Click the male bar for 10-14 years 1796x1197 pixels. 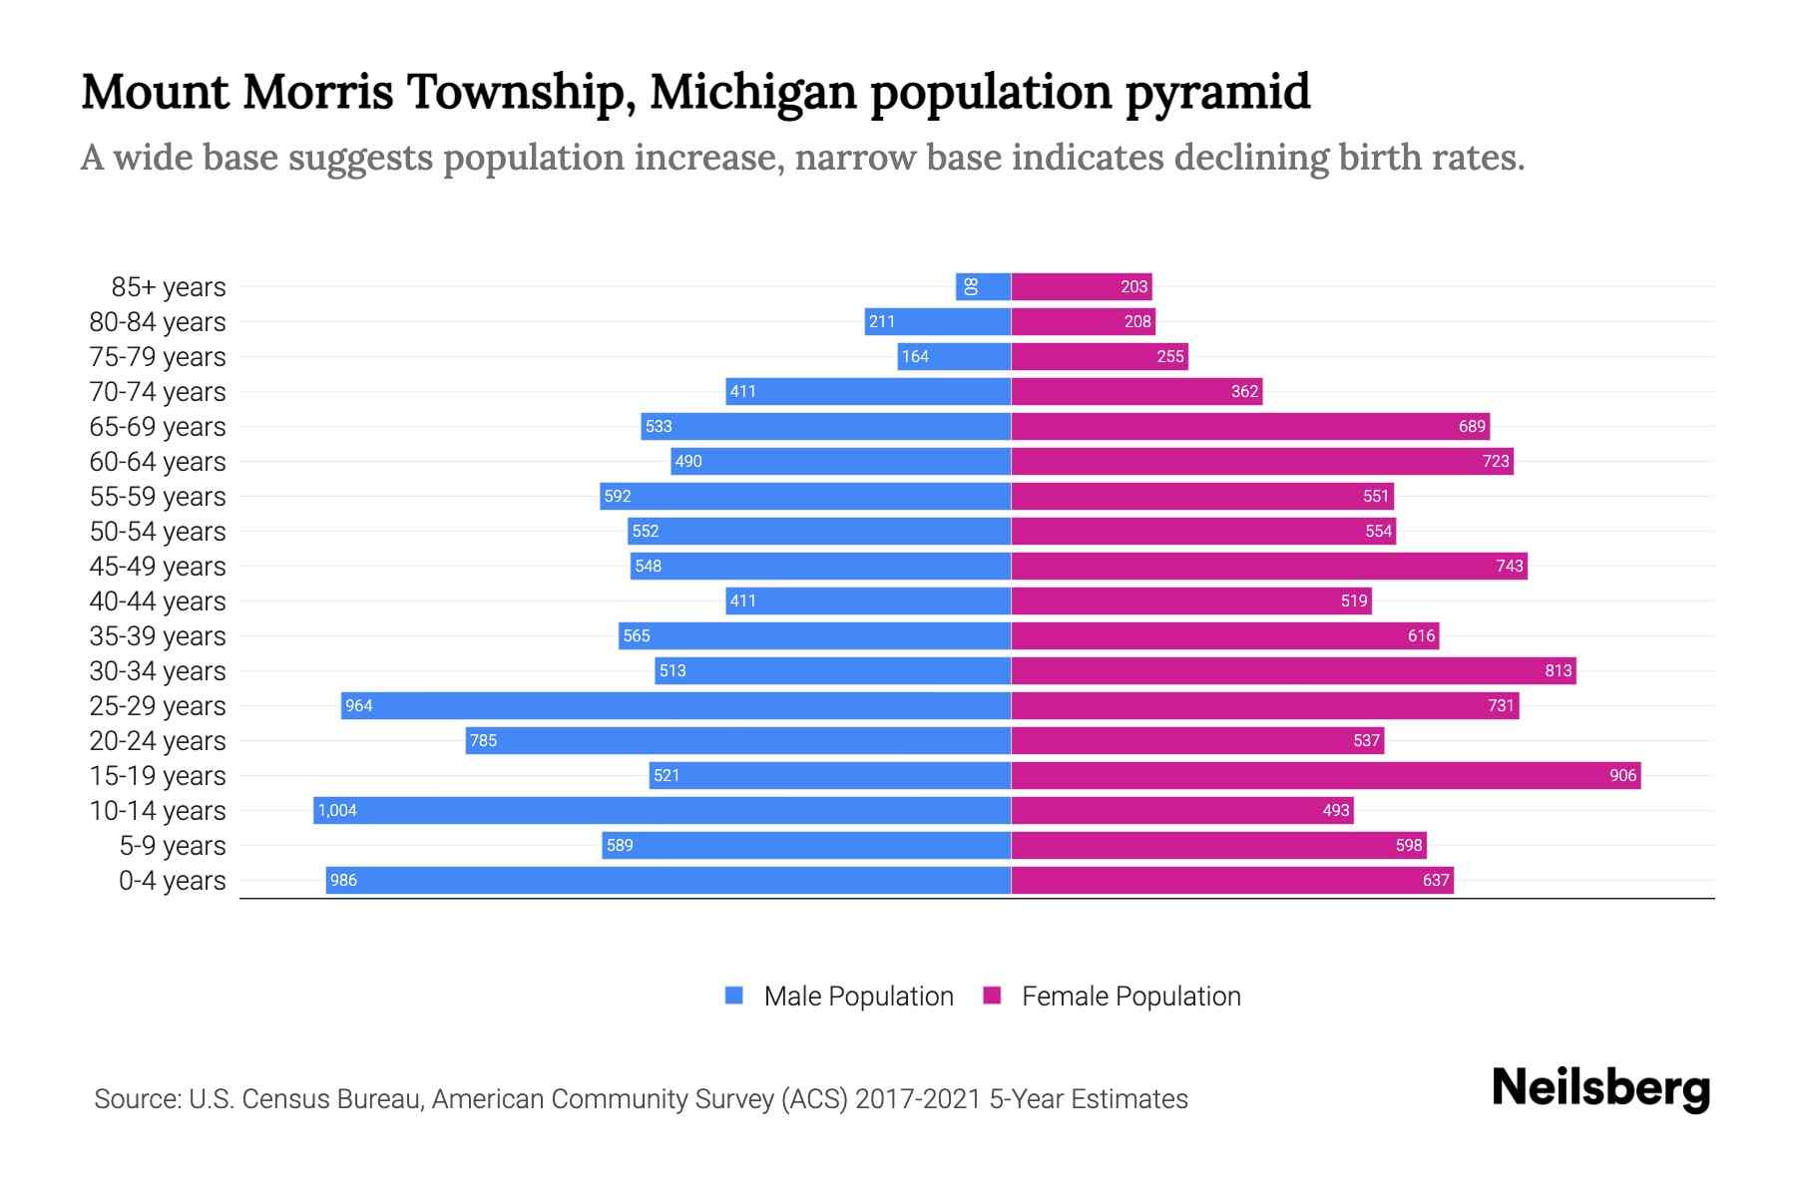pos(663,810)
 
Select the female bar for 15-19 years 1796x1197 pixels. pos(1326,775)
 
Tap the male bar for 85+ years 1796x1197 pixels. pos(984,286)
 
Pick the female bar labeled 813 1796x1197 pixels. pos(1293,670)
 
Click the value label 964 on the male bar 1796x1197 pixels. pos(358,706)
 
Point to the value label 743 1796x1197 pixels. pos(1509,566)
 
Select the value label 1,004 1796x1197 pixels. pos(337,810)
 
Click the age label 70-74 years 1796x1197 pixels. pos(158,392)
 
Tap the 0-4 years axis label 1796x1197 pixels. pos(172,881)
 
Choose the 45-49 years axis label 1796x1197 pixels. pos(158,567)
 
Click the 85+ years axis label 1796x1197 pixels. pos(169,287)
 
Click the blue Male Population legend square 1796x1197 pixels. pos(734,996)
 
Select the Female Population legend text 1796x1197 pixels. pos(1130,997)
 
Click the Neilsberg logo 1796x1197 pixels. pos(1600,1088)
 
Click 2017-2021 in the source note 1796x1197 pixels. pos(918,1099)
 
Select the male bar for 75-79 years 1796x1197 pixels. pos(954,356)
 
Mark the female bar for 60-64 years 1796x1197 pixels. pos(1262,461)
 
